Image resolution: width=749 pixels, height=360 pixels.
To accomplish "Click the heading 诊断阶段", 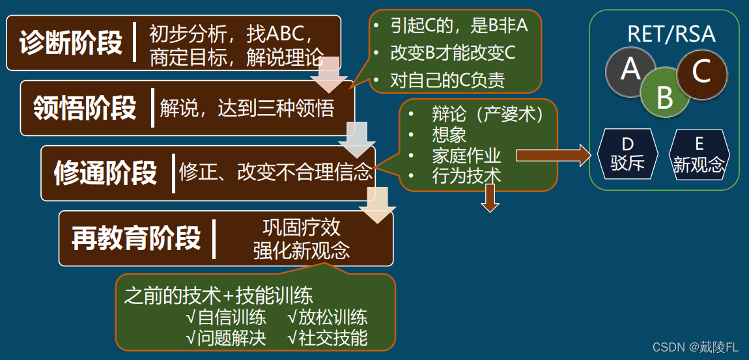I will [x=71, y=44].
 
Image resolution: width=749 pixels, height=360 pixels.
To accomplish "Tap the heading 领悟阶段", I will [x=85, y=108].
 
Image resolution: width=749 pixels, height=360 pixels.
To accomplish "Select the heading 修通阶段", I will [x=106, y=173].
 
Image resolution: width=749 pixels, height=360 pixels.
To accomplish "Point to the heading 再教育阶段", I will [x=135, y=238].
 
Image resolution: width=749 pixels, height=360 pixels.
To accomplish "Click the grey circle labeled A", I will [x=630, y=69].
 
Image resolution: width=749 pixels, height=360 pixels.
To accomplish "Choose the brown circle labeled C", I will [x=701, y=71].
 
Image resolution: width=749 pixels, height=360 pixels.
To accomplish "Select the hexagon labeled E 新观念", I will [x=699, y=154].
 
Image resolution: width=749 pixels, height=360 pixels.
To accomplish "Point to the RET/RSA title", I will [x=671, y=34].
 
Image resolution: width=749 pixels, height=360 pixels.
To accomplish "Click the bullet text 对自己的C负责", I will [x=447, y=81].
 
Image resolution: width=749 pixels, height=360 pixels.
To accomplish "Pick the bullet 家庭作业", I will [x=466, y=156].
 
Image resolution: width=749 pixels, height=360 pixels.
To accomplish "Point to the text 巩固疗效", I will [x=302, y=228].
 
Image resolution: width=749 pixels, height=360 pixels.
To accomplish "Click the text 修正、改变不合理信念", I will [x=276, y=173].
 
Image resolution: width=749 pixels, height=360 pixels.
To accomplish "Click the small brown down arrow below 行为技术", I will [x=490, y=199].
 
